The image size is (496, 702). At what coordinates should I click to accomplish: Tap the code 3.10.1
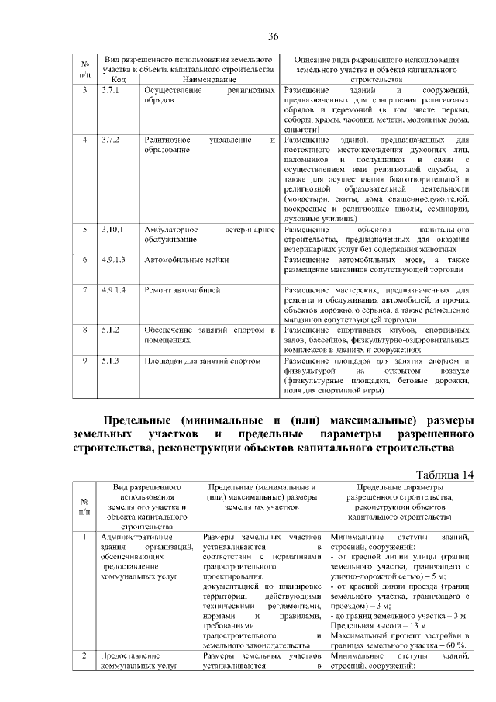[112, 230]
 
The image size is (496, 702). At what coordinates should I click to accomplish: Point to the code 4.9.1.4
[113, 290]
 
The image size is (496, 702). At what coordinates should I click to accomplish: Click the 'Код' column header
[118, 79]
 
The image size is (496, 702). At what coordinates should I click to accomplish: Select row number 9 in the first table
[84, 361]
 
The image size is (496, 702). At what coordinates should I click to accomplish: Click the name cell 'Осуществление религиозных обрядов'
[209, 96]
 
